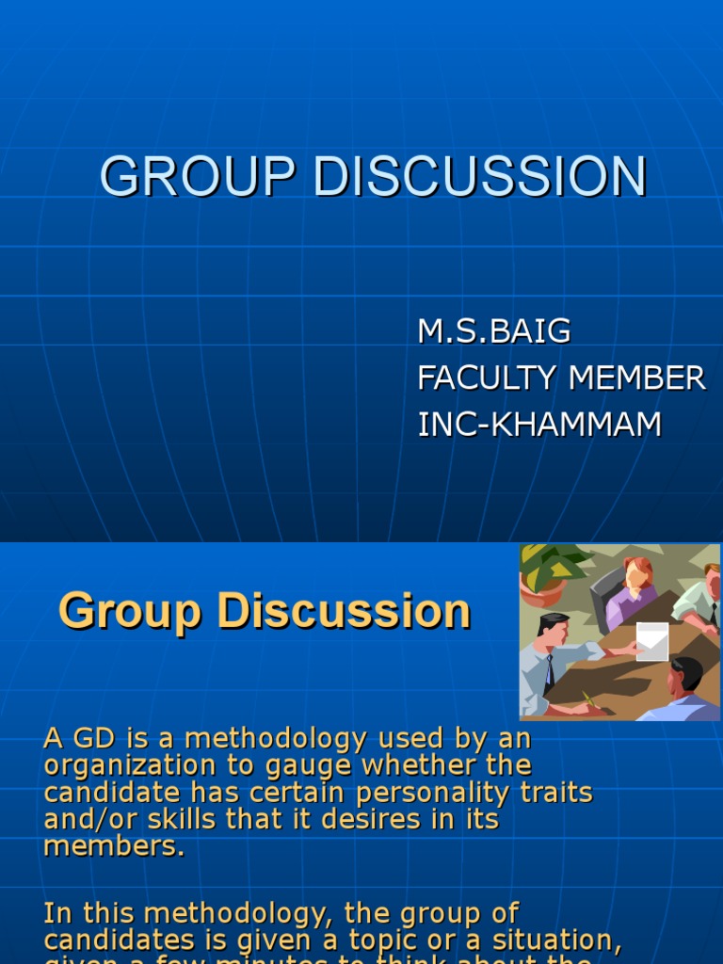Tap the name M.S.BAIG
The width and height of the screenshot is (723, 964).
[x=494, y=331]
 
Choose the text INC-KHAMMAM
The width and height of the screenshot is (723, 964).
[x=539, y=425]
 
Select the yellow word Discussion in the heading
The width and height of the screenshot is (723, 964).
[x=344, y=612]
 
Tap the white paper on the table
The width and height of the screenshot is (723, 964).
[x=651, y=640]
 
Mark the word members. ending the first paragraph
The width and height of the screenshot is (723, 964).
[x=114, y=845]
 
